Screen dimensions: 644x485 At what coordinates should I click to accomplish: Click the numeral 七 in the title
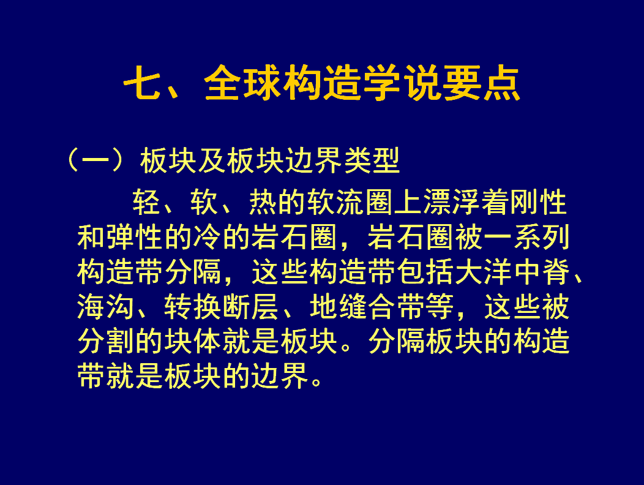[x=141, y=83]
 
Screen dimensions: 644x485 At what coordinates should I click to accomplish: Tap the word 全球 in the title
[x=243, y=83]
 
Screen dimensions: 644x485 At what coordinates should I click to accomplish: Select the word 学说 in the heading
[x=402, y=83]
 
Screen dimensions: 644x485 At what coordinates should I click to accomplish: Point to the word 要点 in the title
[x=481, y=83]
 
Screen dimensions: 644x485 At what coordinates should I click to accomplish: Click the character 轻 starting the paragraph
[x=146, y=203]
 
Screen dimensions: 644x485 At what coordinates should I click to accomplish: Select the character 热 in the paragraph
[x=263, y=203]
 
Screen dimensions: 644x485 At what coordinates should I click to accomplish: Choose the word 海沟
[x=105, y=307]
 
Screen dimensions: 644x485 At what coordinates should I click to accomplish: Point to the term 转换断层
[x=222, y=307]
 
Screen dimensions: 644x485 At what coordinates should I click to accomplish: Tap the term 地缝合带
[x=367, y=307]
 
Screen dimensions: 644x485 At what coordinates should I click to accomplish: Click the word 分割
[x=105, y=341]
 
